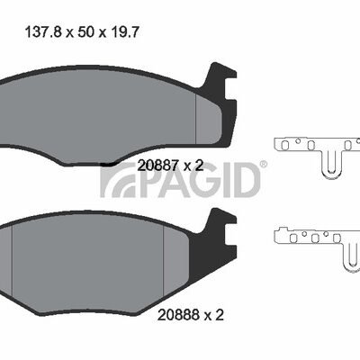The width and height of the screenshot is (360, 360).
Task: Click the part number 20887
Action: click(x=157, y=165)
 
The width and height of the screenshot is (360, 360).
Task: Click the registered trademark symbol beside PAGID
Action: click(x=262, y=165)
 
